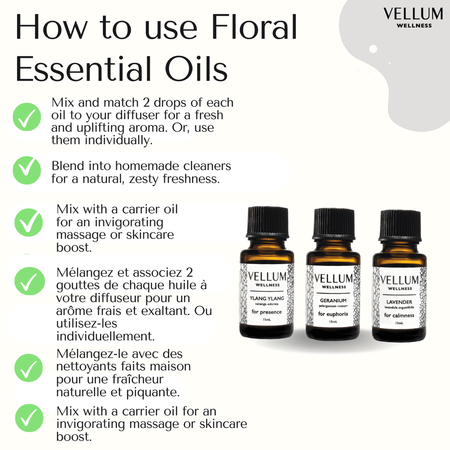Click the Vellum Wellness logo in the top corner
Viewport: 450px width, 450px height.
(407, 17)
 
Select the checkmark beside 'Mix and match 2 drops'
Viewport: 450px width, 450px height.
(27, 117)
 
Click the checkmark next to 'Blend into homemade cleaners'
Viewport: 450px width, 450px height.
(27, 171)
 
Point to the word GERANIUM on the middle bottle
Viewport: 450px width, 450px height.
(333, 300)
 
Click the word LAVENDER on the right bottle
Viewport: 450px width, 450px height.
(399, 301)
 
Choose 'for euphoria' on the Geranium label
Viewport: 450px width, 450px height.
(333, 313)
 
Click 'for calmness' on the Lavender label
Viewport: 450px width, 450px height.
(399, 315)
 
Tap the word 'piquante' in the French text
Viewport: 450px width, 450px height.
(156, 391)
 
